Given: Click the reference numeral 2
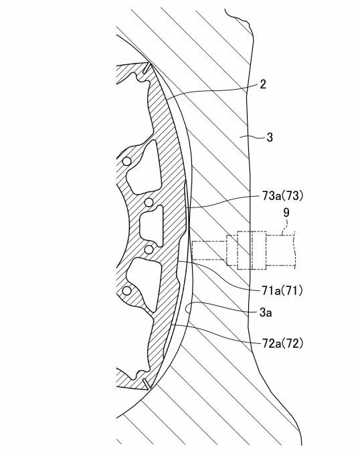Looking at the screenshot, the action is [263, 84].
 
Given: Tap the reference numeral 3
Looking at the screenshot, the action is [270, 137].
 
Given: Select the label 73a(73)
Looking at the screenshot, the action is [282, 196].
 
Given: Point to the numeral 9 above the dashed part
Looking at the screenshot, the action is [286, 212].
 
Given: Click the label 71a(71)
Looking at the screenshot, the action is [282, 290].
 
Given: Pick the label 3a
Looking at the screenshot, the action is [266, 312].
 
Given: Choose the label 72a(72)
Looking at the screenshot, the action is [282, 343].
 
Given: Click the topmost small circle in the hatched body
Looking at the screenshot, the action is [126, 161].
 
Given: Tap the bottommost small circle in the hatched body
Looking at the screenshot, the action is [126, 290].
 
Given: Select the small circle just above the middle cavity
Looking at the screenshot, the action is [149, 202].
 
